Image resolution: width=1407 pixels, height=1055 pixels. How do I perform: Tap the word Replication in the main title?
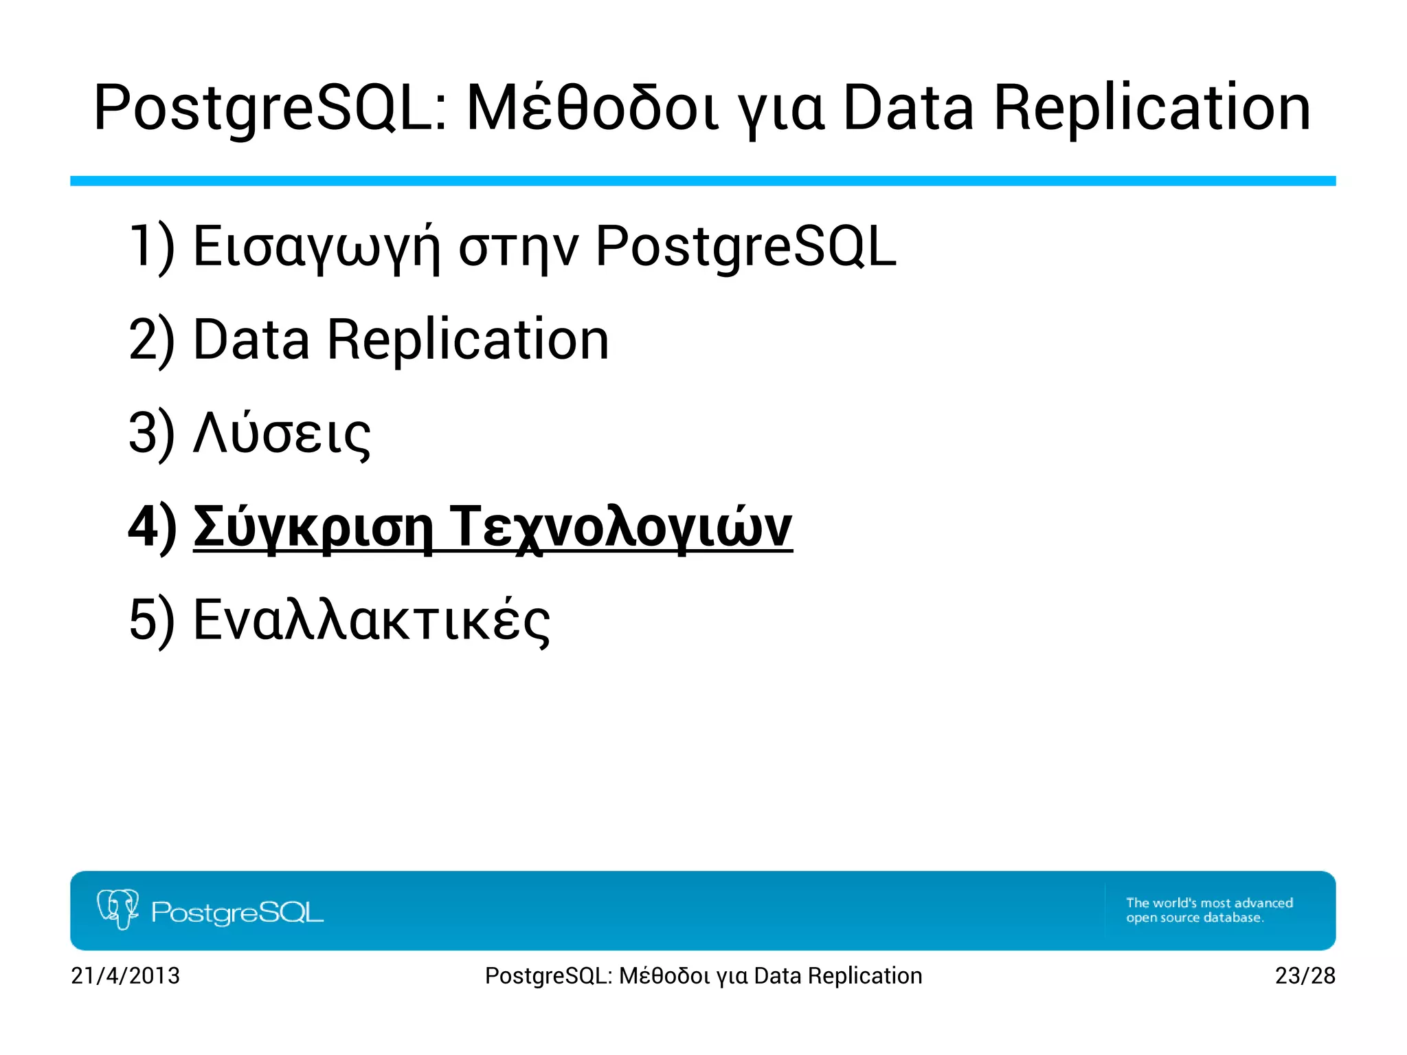(x=1152, y=109)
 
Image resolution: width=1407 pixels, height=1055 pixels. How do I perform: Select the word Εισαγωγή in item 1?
(x=316, y=247)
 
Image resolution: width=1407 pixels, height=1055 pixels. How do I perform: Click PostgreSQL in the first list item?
(x=745, y=247)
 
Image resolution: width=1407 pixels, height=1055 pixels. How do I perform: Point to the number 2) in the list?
(x=152, y=340)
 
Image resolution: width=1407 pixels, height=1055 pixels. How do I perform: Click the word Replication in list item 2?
(x=468, y=340)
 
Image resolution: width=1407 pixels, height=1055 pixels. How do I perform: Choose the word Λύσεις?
(x=282, y=434)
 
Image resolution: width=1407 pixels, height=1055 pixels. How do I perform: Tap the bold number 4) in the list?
(x=153, y=527)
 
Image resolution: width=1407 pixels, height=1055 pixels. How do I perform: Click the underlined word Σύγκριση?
(x=313, y=527)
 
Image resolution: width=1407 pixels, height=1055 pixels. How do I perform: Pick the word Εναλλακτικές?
(x=371, y=621)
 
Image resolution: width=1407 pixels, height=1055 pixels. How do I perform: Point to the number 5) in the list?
(x=152, y=621)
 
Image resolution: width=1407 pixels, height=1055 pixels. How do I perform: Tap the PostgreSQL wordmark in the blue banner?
(x=237, y=913)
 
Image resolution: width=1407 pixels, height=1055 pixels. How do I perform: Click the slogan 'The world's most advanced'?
(x=1209, y=902)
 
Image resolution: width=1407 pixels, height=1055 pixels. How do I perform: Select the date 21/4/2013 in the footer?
(x=125, y=976)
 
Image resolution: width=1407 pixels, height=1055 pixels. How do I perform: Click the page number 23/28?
(x=1305, y=976)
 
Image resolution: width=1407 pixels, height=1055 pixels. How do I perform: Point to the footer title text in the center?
(x=703, y=976)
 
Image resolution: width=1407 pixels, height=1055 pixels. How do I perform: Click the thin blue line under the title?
(x=703, y=181)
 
